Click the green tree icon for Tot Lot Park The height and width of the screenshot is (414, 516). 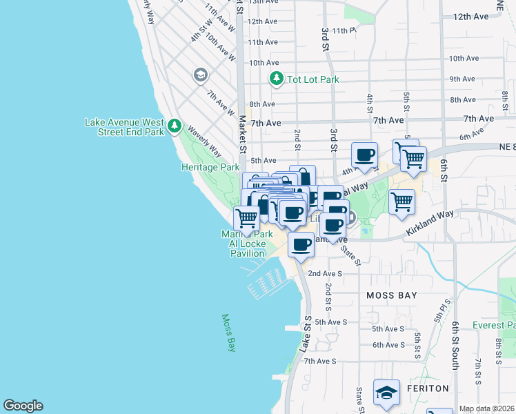[277, 79]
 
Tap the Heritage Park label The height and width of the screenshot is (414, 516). [210, 167]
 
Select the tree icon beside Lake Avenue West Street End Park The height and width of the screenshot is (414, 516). [175, 126]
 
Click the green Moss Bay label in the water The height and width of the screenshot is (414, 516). [228, 333]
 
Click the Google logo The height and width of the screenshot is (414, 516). [23, 406]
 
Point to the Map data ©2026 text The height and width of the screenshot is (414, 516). [486, 408]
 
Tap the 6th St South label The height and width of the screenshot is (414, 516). [455, 345]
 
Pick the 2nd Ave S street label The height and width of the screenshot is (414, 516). [325, 273]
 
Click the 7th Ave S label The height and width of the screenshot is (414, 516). [319, 361]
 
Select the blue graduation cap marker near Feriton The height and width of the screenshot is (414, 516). [386, 392]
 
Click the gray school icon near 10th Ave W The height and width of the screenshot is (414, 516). [201, 75]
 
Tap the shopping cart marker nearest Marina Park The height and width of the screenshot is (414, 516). [246, 218]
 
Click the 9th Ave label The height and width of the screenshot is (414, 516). [464, 79]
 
